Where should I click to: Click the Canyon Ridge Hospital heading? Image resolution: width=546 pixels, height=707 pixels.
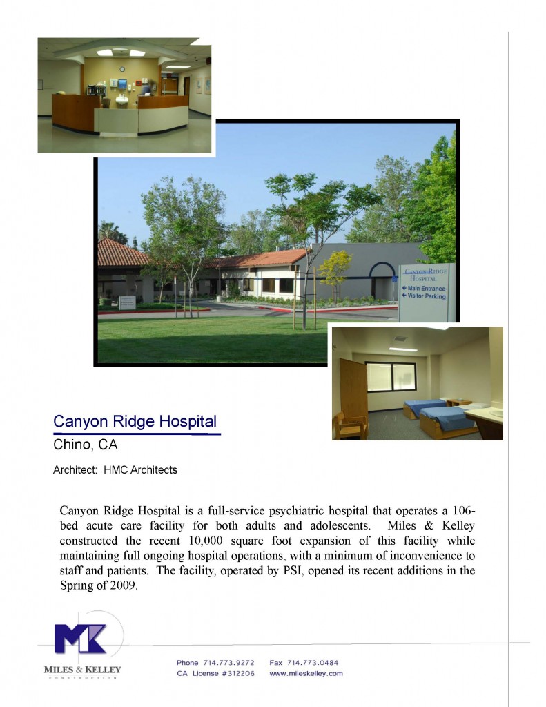135,421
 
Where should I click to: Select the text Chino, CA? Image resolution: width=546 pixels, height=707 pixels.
85,445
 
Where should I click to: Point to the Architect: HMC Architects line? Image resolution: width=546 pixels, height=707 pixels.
115,470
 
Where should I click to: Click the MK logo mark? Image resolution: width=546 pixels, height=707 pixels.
81,639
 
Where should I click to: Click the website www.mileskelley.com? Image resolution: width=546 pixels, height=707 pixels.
306,673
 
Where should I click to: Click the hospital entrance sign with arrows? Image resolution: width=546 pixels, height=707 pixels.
427,291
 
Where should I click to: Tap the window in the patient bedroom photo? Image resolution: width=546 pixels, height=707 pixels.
391,377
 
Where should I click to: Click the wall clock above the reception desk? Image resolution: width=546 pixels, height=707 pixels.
122,69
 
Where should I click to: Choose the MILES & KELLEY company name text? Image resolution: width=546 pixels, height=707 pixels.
82,669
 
